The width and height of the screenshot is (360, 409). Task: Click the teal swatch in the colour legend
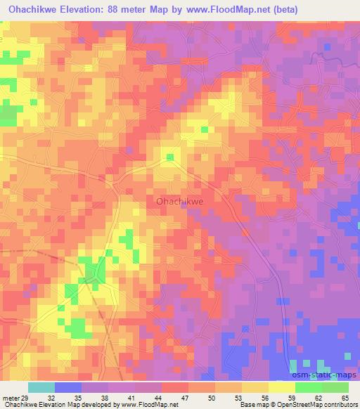point(41,388)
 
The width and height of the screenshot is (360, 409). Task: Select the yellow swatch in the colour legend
point(281,388)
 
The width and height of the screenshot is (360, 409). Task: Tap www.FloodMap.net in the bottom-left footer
point(150,405)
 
